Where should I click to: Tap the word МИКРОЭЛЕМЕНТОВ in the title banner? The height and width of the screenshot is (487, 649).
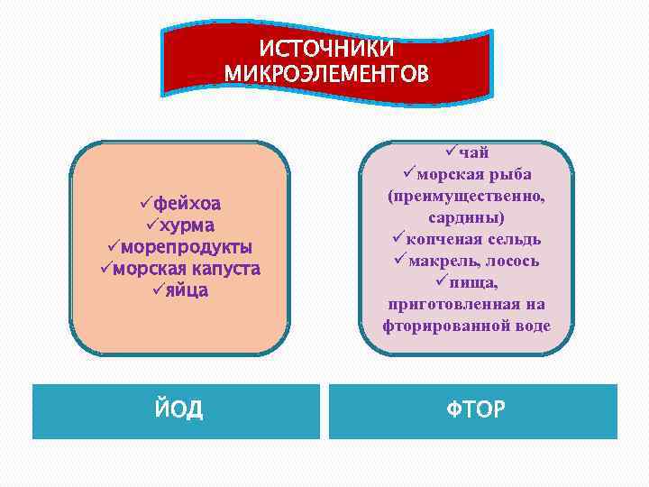click(x=327, y=71)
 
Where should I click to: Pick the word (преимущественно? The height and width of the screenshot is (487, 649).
click(x=466, y=196)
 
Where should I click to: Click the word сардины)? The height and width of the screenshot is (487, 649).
click(x=466, y=217)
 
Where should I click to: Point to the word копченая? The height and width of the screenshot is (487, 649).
click(x=438, y=239)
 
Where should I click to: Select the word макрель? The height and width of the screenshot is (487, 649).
click(x=440, y=261)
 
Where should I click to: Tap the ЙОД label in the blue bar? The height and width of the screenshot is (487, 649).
click(x=177, y=410)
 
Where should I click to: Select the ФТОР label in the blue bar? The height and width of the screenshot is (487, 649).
click(x=475, y=411)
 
